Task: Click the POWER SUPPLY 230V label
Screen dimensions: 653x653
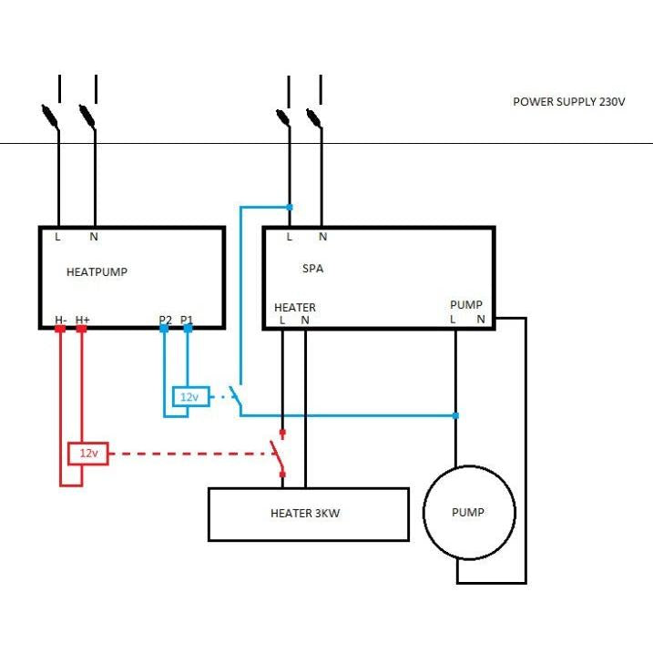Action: (569, 102)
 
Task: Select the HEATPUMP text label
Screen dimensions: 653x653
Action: (97, 272)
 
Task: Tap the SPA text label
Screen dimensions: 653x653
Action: (312, 269)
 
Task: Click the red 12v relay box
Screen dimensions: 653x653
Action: (88, 454)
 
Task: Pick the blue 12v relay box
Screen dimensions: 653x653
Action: (190, 396)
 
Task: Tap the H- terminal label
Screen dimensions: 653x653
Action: (61, 320)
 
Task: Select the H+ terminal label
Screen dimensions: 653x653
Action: (83, 320)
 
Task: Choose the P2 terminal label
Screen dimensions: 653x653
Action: (166, 320)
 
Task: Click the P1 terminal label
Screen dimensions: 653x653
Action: (187, 320)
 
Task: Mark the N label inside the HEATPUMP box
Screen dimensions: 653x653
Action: (94, 237)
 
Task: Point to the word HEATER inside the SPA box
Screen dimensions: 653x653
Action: (295, 307)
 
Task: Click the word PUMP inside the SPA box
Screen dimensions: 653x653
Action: (466, 305)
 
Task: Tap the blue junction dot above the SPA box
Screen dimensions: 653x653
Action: (290, 207)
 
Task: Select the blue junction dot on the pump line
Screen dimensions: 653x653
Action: (455, 415)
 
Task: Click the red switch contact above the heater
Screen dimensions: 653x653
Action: (278, 454)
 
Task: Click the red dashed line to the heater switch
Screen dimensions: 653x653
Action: (189, 454)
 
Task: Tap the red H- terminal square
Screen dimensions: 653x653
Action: (60, 329)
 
